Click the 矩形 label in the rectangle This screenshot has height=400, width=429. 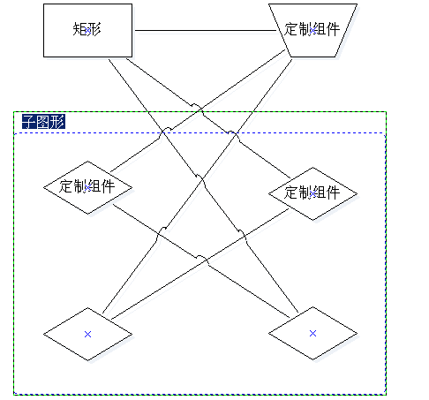tap(87, 30)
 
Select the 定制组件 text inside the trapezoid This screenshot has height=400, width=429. tap(312, 29)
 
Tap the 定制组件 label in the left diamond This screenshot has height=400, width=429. tap(87, 186)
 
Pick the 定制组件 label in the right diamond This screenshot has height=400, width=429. tap(312, 192)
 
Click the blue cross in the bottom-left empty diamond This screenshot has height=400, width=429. tap(87, 334)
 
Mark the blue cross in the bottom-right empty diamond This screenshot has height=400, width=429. tap(312, 333)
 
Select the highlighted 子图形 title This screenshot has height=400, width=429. tap(43, 122)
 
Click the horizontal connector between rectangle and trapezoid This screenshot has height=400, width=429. tap(206, 30)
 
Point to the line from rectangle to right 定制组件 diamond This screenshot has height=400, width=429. tap(208, 118)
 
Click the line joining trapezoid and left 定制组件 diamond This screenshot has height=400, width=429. tap(198, 111)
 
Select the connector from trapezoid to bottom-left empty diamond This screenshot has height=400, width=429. tap(198, 186)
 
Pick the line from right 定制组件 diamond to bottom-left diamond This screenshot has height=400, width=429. tap(200, 264)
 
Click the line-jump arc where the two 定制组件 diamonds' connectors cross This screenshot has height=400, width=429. tap(202, 258)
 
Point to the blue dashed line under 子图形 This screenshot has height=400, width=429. tap(199, 133)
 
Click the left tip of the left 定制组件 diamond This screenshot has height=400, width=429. tap(43, 187)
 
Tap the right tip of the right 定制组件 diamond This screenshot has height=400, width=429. tap(357, 193)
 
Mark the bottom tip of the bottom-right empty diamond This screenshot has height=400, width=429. tap(312, 359)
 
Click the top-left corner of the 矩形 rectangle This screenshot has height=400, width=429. tap(43, 4)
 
